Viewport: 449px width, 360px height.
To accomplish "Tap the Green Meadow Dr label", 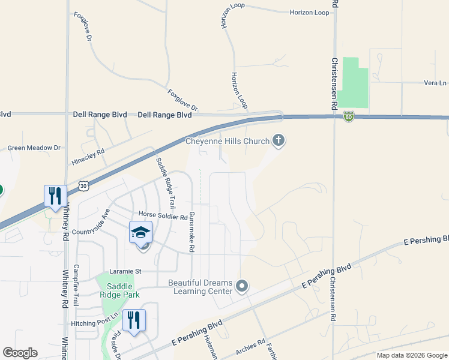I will pos(34,148).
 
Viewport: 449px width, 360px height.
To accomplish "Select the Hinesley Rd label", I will pos(88,158).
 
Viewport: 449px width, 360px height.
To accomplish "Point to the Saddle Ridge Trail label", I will pos(165,182).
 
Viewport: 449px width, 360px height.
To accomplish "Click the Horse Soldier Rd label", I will pos(163,214).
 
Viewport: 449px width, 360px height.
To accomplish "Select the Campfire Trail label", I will pos(76,285).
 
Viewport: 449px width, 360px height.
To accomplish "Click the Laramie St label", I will pos(125,271).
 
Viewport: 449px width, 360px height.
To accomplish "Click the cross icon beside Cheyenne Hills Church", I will pos(278,141).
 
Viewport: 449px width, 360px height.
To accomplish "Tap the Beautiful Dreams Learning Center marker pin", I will pos(242,286).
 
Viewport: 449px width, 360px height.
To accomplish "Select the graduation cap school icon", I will pos(140,232).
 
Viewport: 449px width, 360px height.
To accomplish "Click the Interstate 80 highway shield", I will pos(349,117).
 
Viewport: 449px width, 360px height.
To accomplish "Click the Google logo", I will pos(20,353).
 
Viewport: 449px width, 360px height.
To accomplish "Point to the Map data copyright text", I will pos(411,355).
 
